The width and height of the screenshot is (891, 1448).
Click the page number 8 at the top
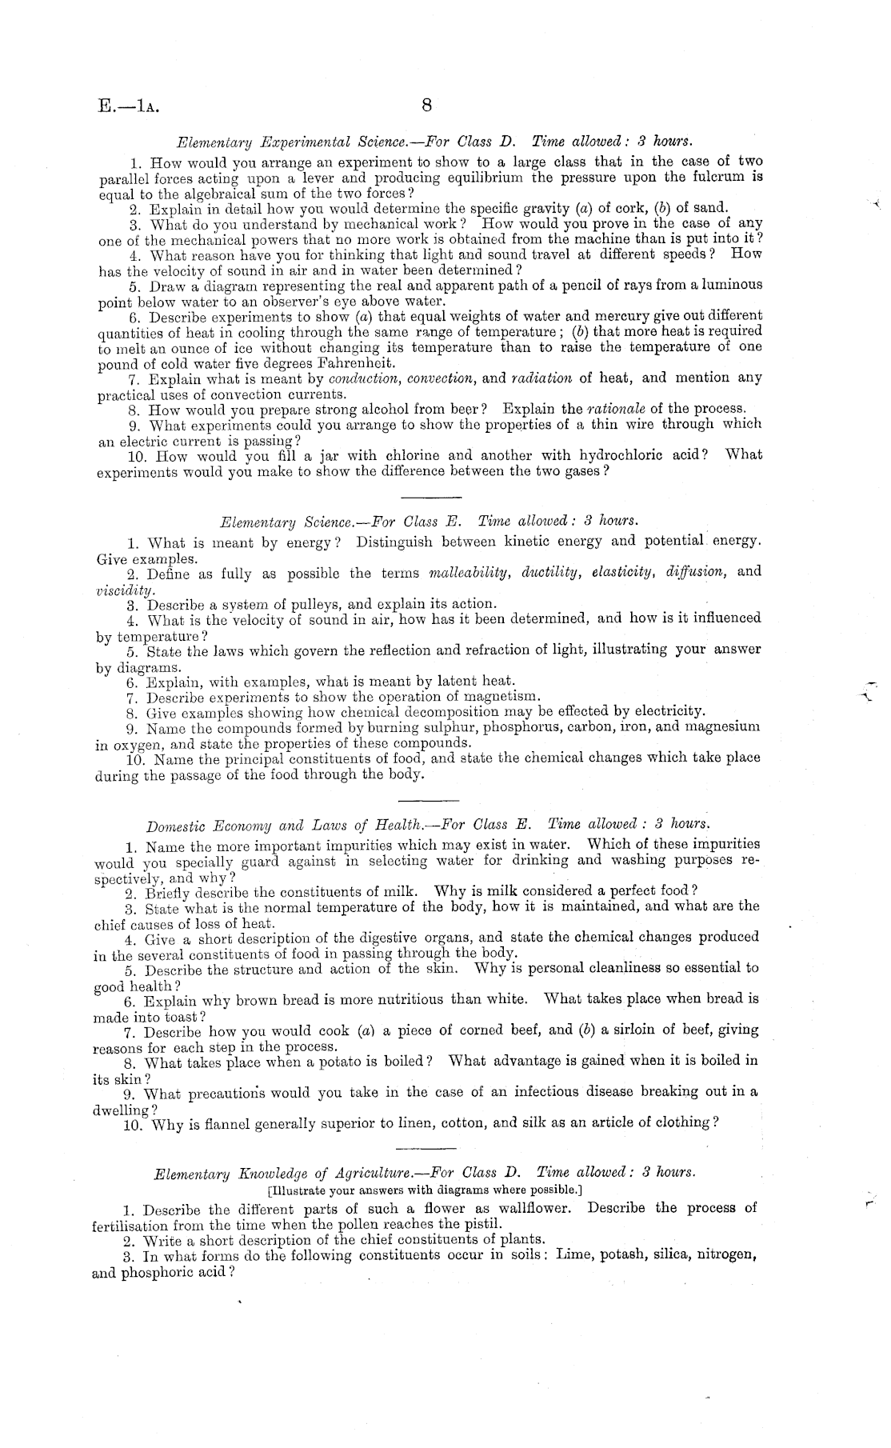426,106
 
